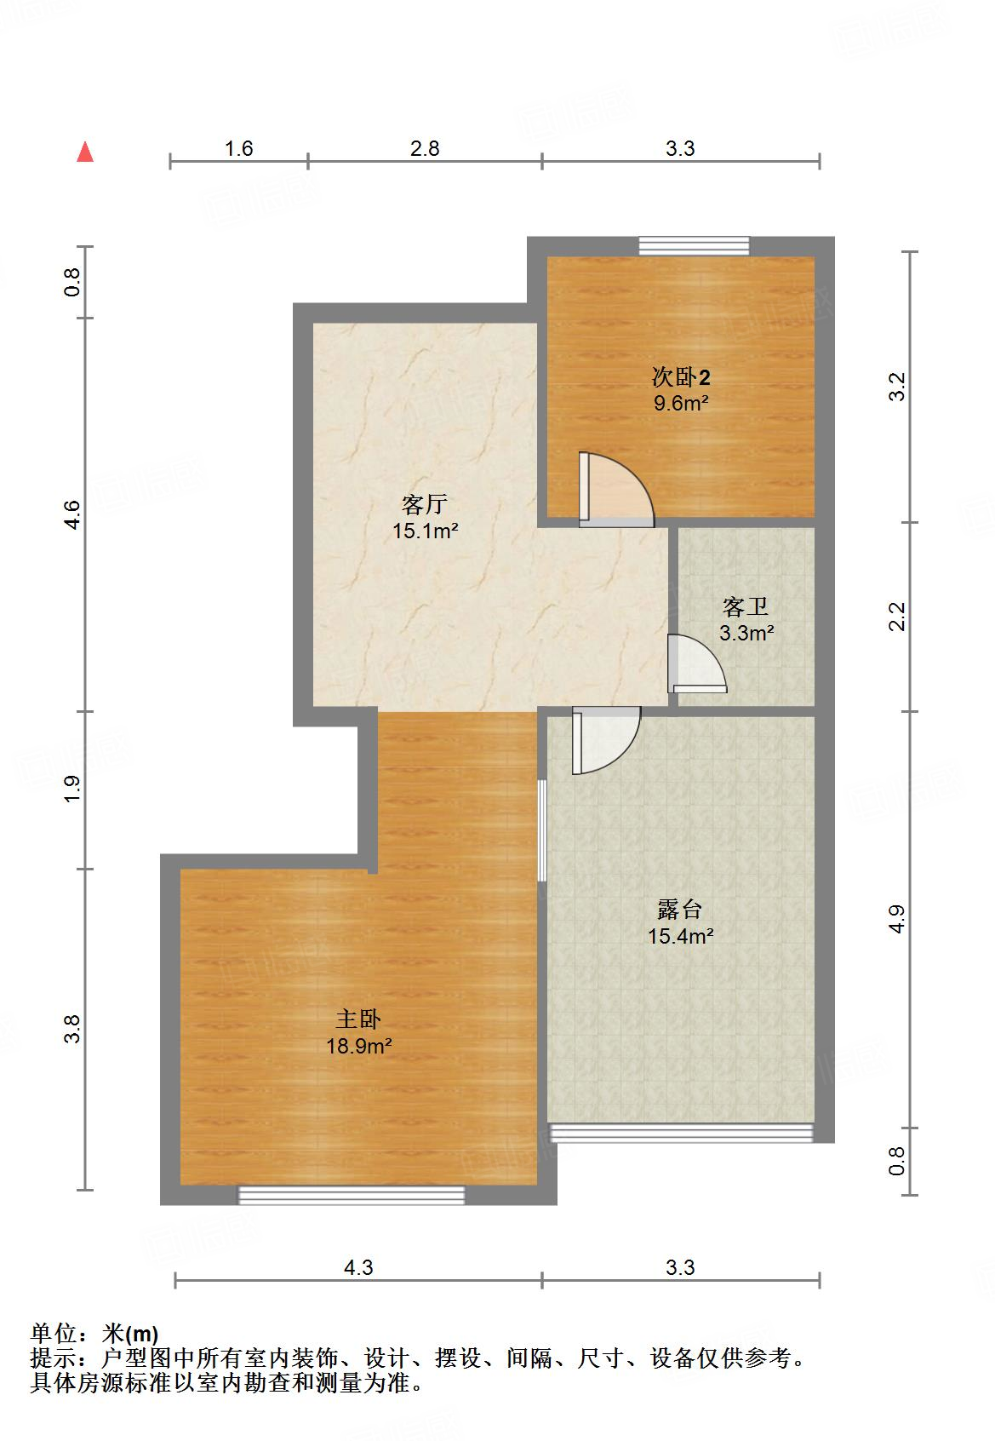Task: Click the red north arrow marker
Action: pos(85,152)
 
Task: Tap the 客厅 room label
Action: pos(424,505)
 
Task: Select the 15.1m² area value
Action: pos(426,531)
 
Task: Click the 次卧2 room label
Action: pos(681,376)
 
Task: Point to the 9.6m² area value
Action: pos(681,403)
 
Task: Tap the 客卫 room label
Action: pos(746,607)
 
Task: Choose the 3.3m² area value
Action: pos(746,633)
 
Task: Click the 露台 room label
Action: pos(680,910)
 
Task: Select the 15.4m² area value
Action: pos(680,936)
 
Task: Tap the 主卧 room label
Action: pos(358,1019)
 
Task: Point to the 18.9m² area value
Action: pos(359,1045)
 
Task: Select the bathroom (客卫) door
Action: pos(695,663)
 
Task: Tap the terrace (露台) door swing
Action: pos(605,739)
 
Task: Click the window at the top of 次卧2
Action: pos(695,245)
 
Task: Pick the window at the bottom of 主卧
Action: pos(352,1195)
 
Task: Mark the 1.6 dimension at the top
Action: pos(239,148)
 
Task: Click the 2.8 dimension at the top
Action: pos(425,148)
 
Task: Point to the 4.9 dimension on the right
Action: pos(895,918)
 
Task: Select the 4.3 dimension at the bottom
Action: pos(358,1267)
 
